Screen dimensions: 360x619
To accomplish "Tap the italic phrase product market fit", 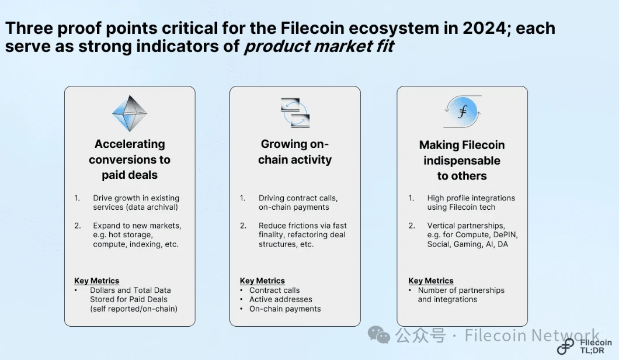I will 319,46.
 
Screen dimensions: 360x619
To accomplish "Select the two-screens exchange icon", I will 295,113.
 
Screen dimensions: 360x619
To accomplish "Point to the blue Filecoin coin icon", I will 462,112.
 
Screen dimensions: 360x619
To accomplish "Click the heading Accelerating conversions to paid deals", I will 130,160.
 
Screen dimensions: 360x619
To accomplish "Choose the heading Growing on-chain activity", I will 295,152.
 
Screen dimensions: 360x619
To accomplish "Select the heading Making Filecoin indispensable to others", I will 462,160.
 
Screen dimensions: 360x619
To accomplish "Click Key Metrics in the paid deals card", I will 96,281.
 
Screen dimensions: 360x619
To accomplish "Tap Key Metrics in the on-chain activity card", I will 262,281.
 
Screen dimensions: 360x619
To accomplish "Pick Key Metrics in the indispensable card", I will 431,281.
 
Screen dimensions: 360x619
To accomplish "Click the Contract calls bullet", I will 274,290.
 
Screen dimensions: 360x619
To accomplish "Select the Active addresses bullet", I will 281,299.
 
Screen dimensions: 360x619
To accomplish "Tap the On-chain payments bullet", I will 285,309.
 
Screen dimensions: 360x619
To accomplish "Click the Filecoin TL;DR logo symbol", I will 565,347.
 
